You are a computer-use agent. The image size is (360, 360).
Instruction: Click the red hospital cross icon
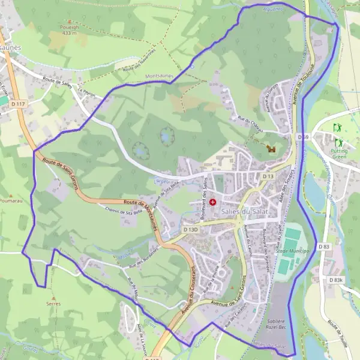click(212, 203)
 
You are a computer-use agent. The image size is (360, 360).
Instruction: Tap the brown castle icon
click(271, 148)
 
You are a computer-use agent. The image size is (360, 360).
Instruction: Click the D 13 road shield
click(268, 176)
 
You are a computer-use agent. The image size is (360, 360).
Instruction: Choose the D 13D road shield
click(190, 230)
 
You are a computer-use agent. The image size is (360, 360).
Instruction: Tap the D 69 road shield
click(303, 137)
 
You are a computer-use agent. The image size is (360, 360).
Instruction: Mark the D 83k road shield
click(336, 280)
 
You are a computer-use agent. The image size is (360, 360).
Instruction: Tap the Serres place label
click(53, 304)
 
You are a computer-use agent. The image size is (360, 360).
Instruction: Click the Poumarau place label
click(11, 200)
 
